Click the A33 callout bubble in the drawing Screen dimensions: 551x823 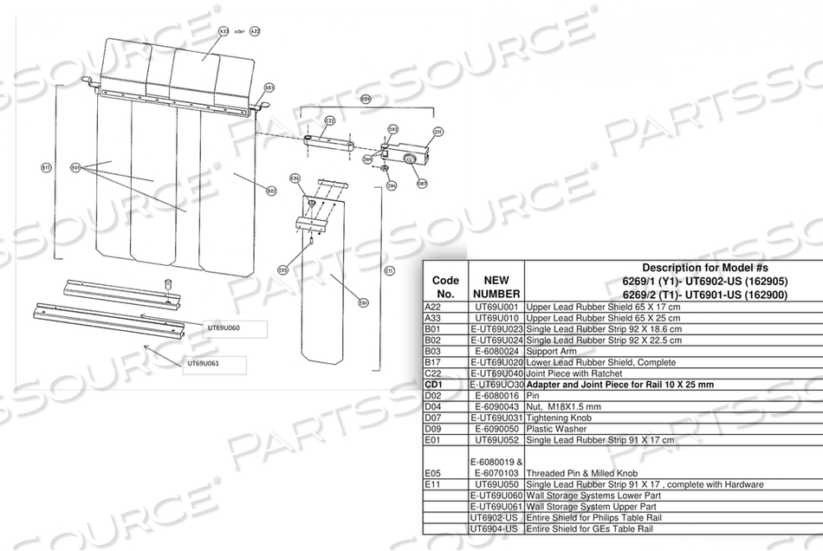(223, 30)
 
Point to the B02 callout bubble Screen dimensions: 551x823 (270, 191)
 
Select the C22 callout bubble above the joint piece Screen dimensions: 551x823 (329, 120)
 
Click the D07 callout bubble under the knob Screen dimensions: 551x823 (422, 183)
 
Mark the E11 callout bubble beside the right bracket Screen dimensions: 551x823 (389, 271)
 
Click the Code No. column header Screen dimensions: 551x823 (444, 288)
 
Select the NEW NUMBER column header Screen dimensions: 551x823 (496, 288)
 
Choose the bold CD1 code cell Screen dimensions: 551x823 (436, 384)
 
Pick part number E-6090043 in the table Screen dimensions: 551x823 (496, 406)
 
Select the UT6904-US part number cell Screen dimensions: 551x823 (496, 528)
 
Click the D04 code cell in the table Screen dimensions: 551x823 (435, 406)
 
